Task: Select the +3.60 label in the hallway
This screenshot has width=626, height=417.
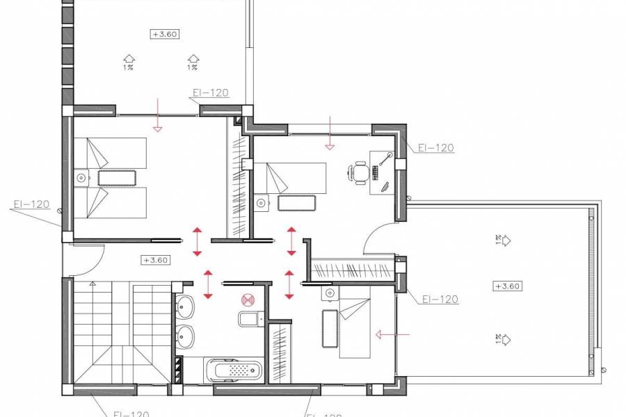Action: point(156,260)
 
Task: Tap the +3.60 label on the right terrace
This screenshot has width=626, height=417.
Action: point(507,286)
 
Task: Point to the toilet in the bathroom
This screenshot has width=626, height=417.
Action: point(250,319)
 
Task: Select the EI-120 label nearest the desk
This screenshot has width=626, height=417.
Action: point(436,147)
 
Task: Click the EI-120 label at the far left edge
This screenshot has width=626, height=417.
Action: point(31,204)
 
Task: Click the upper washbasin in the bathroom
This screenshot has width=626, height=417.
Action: point(185,306)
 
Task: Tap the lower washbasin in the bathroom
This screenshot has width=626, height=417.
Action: point(185,336)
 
